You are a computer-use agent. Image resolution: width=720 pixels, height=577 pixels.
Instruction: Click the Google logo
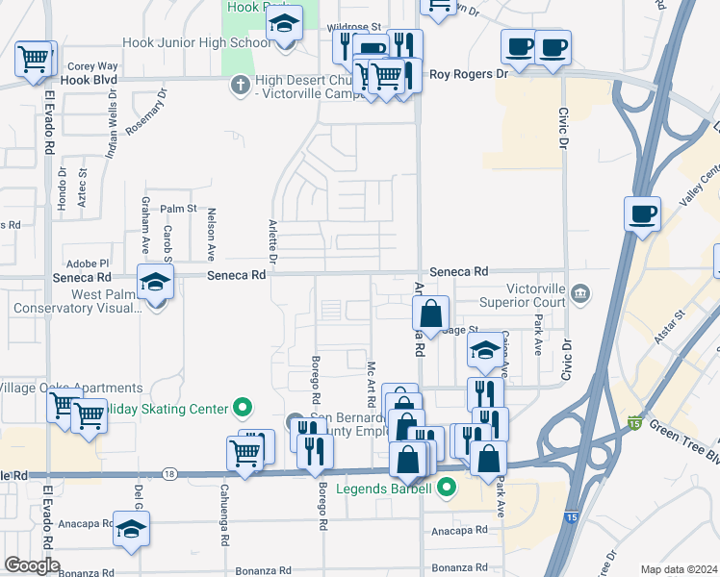[32, 565]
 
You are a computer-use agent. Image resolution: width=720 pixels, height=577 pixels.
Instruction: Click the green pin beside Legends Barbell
[445, 488]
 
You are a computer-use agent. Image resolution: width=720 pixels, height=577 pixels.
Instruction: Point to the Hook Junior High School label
[196, 43]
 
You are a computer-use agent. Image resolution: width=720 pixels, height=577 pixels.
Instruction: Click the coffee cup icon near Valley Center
[642, 213]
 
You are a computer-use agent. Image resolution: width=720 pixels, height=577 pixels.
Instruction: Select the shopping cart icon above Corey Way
[33, 59]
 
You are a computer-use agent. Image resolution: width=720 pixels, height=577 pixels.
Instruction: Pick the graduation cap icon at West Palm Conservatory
[154, 282]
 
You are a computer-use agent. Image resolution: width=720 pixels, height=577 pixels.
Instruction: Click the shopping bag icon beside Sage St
[431, 312]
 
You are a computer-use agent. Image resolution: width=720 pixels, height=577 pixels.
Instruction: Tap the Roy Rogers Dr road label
[468, 73]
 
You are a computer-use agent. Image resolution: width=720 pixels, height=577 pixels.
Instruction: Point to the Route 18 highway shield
[169, 473]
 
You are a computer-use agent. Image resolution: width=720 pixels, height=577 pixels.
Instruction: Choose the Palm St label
[178, 209]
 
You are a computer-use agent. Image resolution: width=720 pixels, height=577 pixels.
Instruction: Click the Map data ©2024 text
[680, 569]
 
